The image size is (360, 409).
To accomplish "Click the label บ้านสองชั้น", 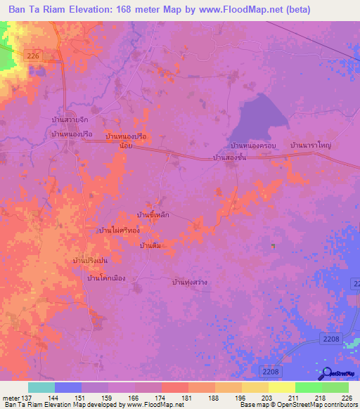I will point(229,158).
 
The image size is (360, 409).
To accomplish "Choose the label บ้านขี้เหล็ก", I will point(153,214).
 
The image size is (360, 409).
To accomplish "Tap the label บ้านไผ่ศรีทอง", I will point(119,230).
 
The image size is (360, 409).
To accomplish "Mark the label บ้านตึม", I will point(150,245).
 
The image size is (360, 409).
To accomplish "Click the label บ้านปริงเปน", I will point(95,261).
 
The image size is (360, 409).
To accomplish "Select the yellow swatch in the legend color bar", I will point(281,387).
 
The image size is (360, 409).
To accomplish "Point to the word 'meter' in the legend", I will point(11,397).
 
